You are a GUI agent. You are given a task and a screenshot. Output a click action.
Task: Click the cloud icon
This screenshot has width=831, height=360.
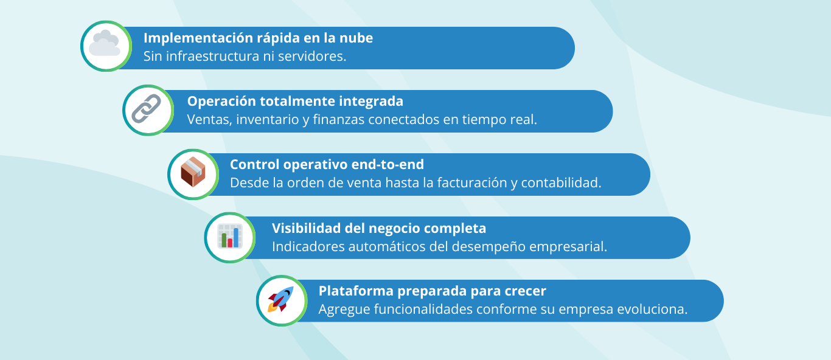(x=105, y=43)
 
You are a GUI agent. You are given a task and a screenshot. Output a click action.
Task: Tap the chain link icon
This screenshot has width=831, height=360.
(x=147, y=109)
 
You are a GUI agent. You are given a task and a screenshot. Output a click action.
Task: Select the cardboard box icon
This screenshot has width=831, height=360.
(x=193, y=172)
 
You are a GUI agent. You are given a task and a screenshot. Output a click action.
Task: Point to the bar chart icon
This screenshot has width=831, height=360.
(x=230, y=236)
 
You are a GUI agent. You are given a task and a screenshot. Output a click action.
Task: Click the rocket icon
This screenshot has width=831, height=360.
(x=281, y=299)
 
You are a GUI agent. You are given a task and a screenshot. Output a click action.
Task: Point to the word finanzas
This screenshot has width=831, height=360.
(x=339, y=120)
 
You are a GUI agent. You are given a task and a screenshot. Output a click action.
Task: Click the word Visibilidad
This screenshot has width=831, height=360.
(x=306, y=229)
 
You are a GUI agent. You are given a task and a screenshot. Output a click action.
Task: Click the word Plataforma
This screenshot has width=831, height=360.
(x=356, y=291)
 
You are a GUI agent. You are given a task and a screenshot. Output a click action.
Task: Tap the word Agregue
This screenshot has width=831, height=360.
(x=344, y=310)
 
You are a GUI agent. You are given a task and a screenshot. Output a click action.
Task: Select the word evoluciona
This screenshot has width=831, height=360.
(x=652, y=310)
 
